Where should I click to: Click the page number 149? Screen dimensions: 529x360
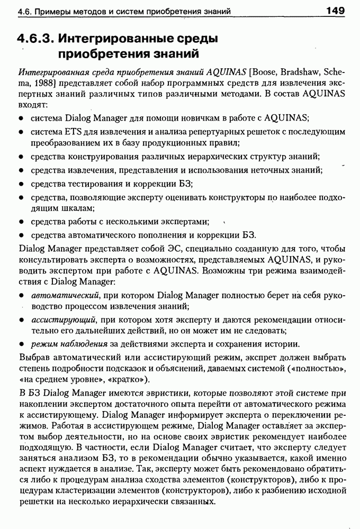[x=336, y=10]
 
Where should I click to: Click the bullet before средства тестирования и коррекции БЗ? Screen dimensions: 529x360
[x=20, y=184]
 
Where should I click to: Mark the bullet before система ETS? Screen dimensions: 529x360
[x=20, y=131]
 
